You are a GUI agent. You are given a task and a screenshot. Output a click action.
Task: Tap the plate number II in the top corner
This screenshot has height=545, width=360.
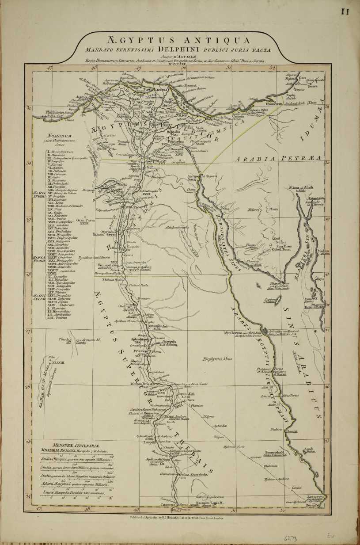click(345, 12)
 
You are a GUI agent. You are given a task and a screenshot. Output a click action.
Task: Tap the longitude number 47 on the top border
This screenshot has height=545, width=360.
click(50, 68)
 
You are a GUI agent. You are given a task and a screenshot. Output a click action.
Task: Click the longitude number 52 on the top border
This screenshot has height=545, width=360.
click(273, 68)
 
